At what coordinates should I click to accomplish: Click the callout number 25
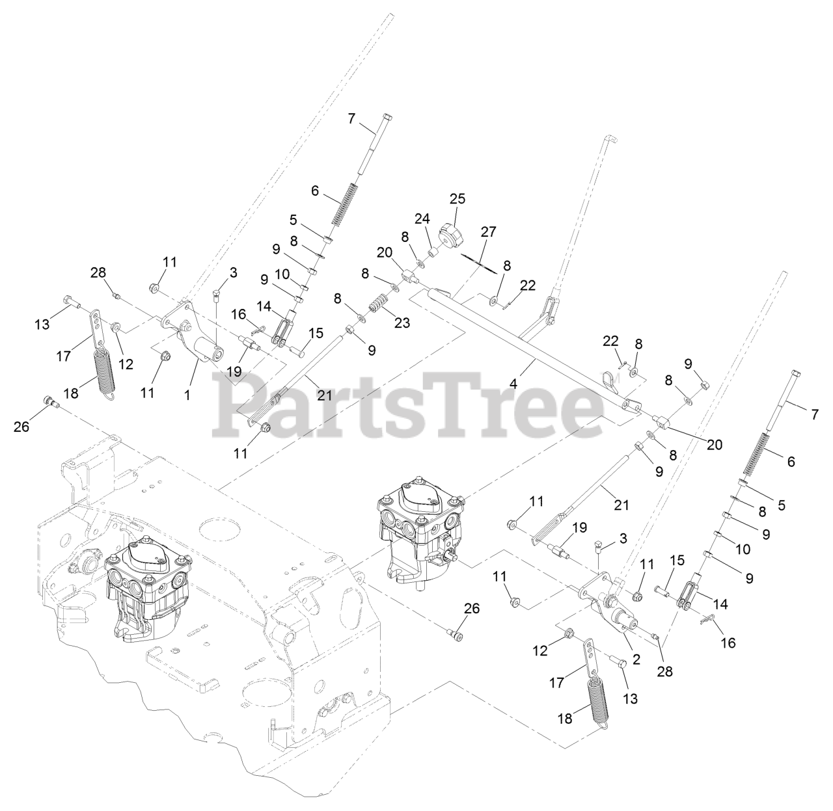coord(457,198)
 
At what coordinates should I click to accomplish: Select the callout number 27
coord(489,232)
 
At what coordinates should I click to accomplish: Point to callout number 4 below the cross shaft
coord(513,384)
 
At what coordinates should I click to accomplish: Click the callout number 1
coord(187,394)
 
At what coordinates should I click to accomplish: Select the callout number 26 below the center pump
coord(472,609)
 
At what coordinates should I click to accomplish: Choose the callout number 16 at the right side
coord(728,642)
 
